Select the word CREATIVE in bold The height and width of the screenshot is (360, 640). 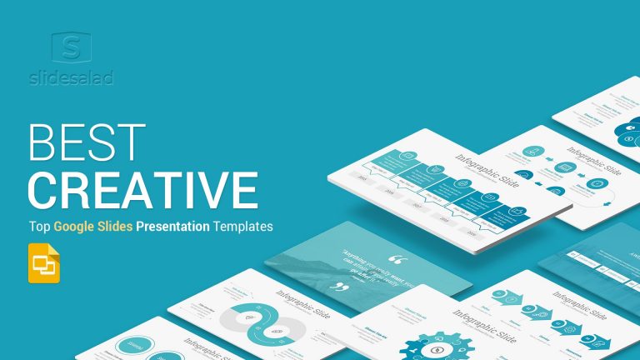pos(142,189)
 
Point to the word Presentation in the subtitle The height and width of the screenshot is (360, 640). pos(177,225)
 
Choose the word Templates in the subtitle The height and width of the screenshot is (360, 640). pos(244,225)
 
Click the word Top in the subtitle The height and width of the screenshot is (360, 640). pos(39,225)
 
